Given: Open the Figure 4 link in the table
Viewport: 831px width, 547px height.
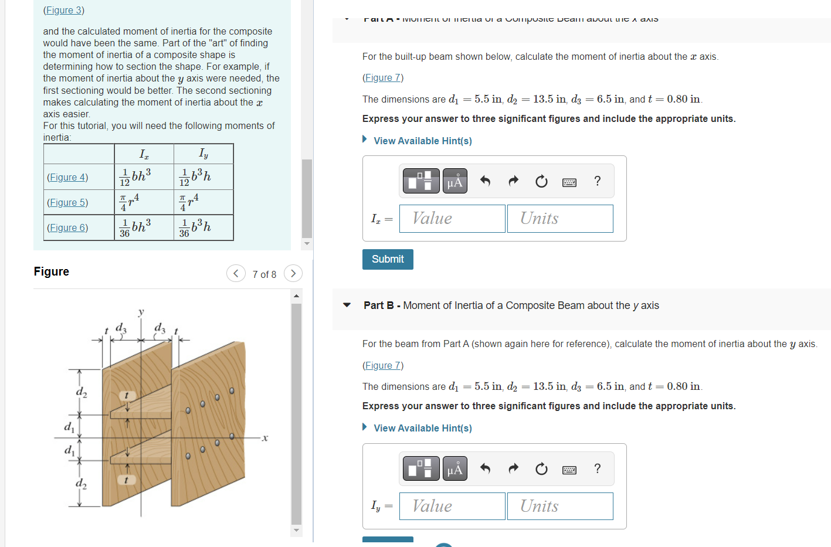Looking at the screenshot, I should [x=67, y=177].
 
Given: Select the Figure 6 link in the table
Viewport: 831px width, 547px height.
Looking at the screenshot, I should [x=67, y=227].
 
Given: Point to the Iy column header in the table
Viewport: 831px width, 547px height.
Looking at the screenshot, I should [x=203, y=154].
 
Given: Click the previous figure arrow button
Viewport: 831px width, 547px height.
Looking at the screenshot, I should [x=236, y=273].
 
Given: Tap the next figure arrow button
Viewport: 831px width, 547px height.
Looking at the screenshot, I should [x=293, y=273].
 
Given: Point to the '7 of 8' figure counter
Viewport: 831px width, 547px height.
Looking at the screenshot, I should [x=264, y=274].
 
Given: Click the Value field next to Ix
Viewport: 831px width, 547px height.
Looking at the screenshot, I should [x=452, y=219].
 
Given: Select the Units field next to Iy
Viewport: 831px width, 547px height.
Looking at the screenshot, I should [x=559, y=506].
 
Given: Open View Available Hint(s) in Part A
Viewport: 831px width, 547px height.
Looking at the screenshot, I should [x=422, y=141].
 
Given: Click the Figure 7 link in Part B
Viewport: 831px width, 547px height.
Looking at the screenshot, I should [x=382, y=365].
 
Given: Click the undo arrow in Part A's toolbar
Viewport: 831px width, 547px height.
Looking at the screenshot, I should [x=485, y=181].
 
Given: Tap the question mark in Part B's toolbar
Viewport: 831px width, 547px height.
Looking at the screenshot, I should [x=597, y=468].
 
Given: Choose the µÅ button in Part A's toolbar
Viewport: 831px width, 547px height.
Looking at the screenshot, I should [x=454, y=181].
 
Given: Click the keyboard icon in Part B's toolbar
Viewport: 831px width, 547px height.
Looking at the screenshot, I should [x=569, y=469].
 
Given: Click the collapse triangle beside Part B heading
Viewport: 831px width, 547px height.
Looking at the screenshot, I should [x=347, y=305].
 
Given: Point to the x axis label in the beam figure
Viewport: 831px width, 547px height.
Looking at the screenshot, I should [x=265, y=438].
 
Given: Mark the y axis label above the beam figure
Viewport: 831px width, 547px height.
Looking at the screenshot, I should [x=141, y=312].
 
